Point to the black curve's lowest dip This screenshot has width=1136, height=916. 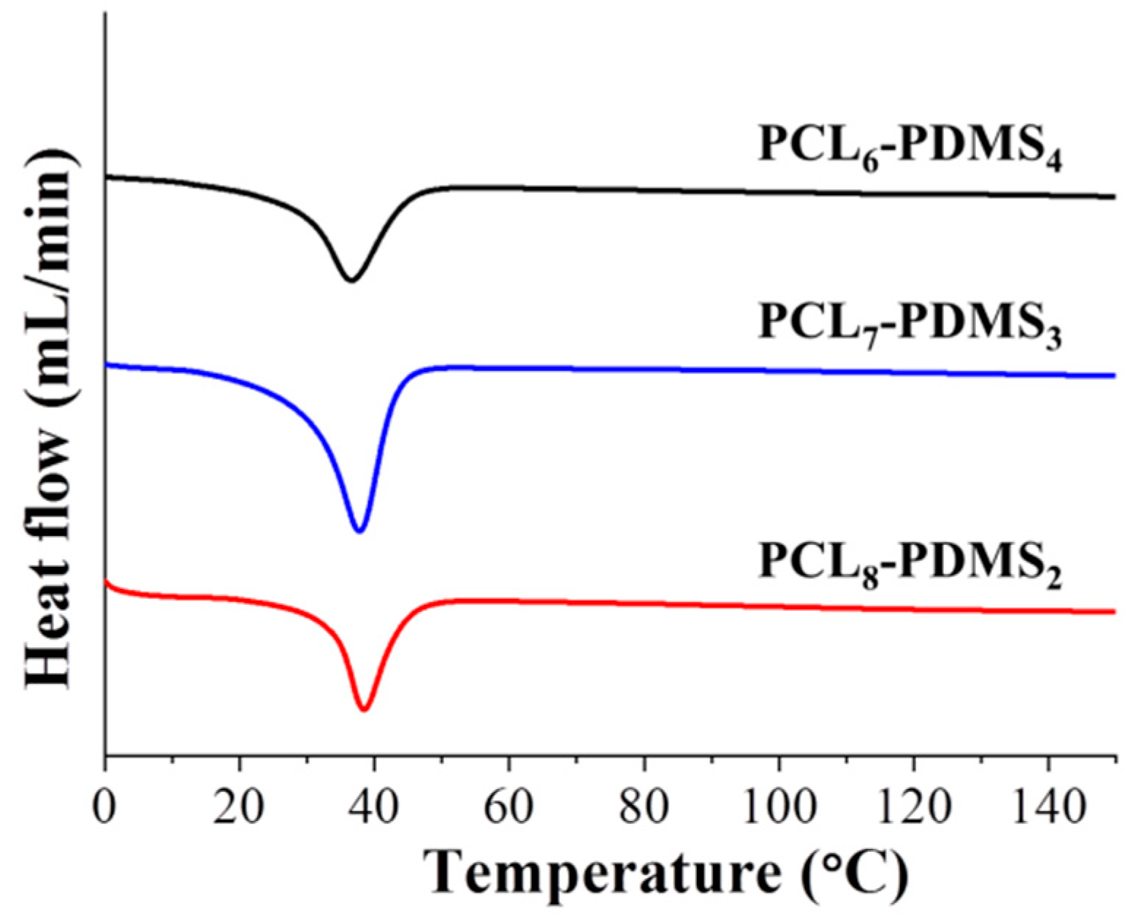351,280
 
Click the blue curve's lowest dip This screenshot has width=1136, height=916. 359,531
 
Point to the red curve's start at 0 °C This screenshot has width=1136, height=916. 107,582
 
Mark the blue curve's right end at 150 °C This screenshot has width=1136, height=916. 1114,375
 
